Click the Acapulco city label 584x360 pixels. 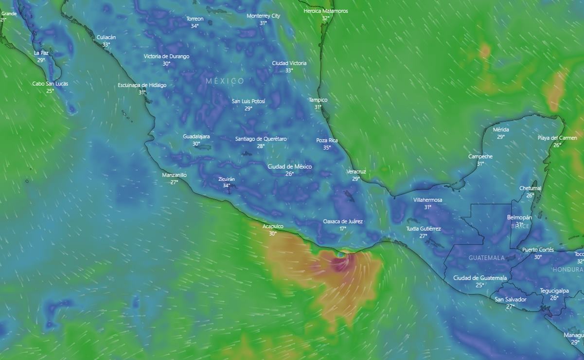273,226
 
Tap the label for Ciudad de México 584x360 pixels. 290,166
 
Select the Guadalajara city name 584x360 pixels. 196,136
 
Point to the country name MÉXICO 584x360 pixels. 225,81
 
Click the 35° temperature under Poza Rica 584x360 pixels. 327,147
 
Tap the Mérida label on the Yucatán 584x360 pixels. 501,129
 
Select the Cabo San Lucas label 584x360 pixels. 50,84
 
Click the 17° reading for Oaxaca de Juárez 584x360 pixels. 343,229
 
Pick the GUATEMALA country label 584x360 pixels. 486,258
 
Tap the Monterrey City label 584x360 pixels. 263,16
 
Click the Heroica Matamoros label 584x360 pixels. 325,11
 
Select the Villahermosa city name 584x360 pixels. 427,200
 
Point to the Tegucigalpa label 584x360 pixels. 554,291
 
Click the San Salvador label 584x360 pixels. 510,300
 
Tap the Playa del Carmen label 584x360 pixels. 557,138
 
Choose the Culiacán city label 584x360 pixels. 106,37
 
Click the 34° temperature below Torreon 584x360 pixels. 195,26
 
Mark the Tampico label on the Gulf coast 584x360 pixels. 318,100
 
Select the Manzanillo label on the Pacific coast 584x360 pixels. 174,175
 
